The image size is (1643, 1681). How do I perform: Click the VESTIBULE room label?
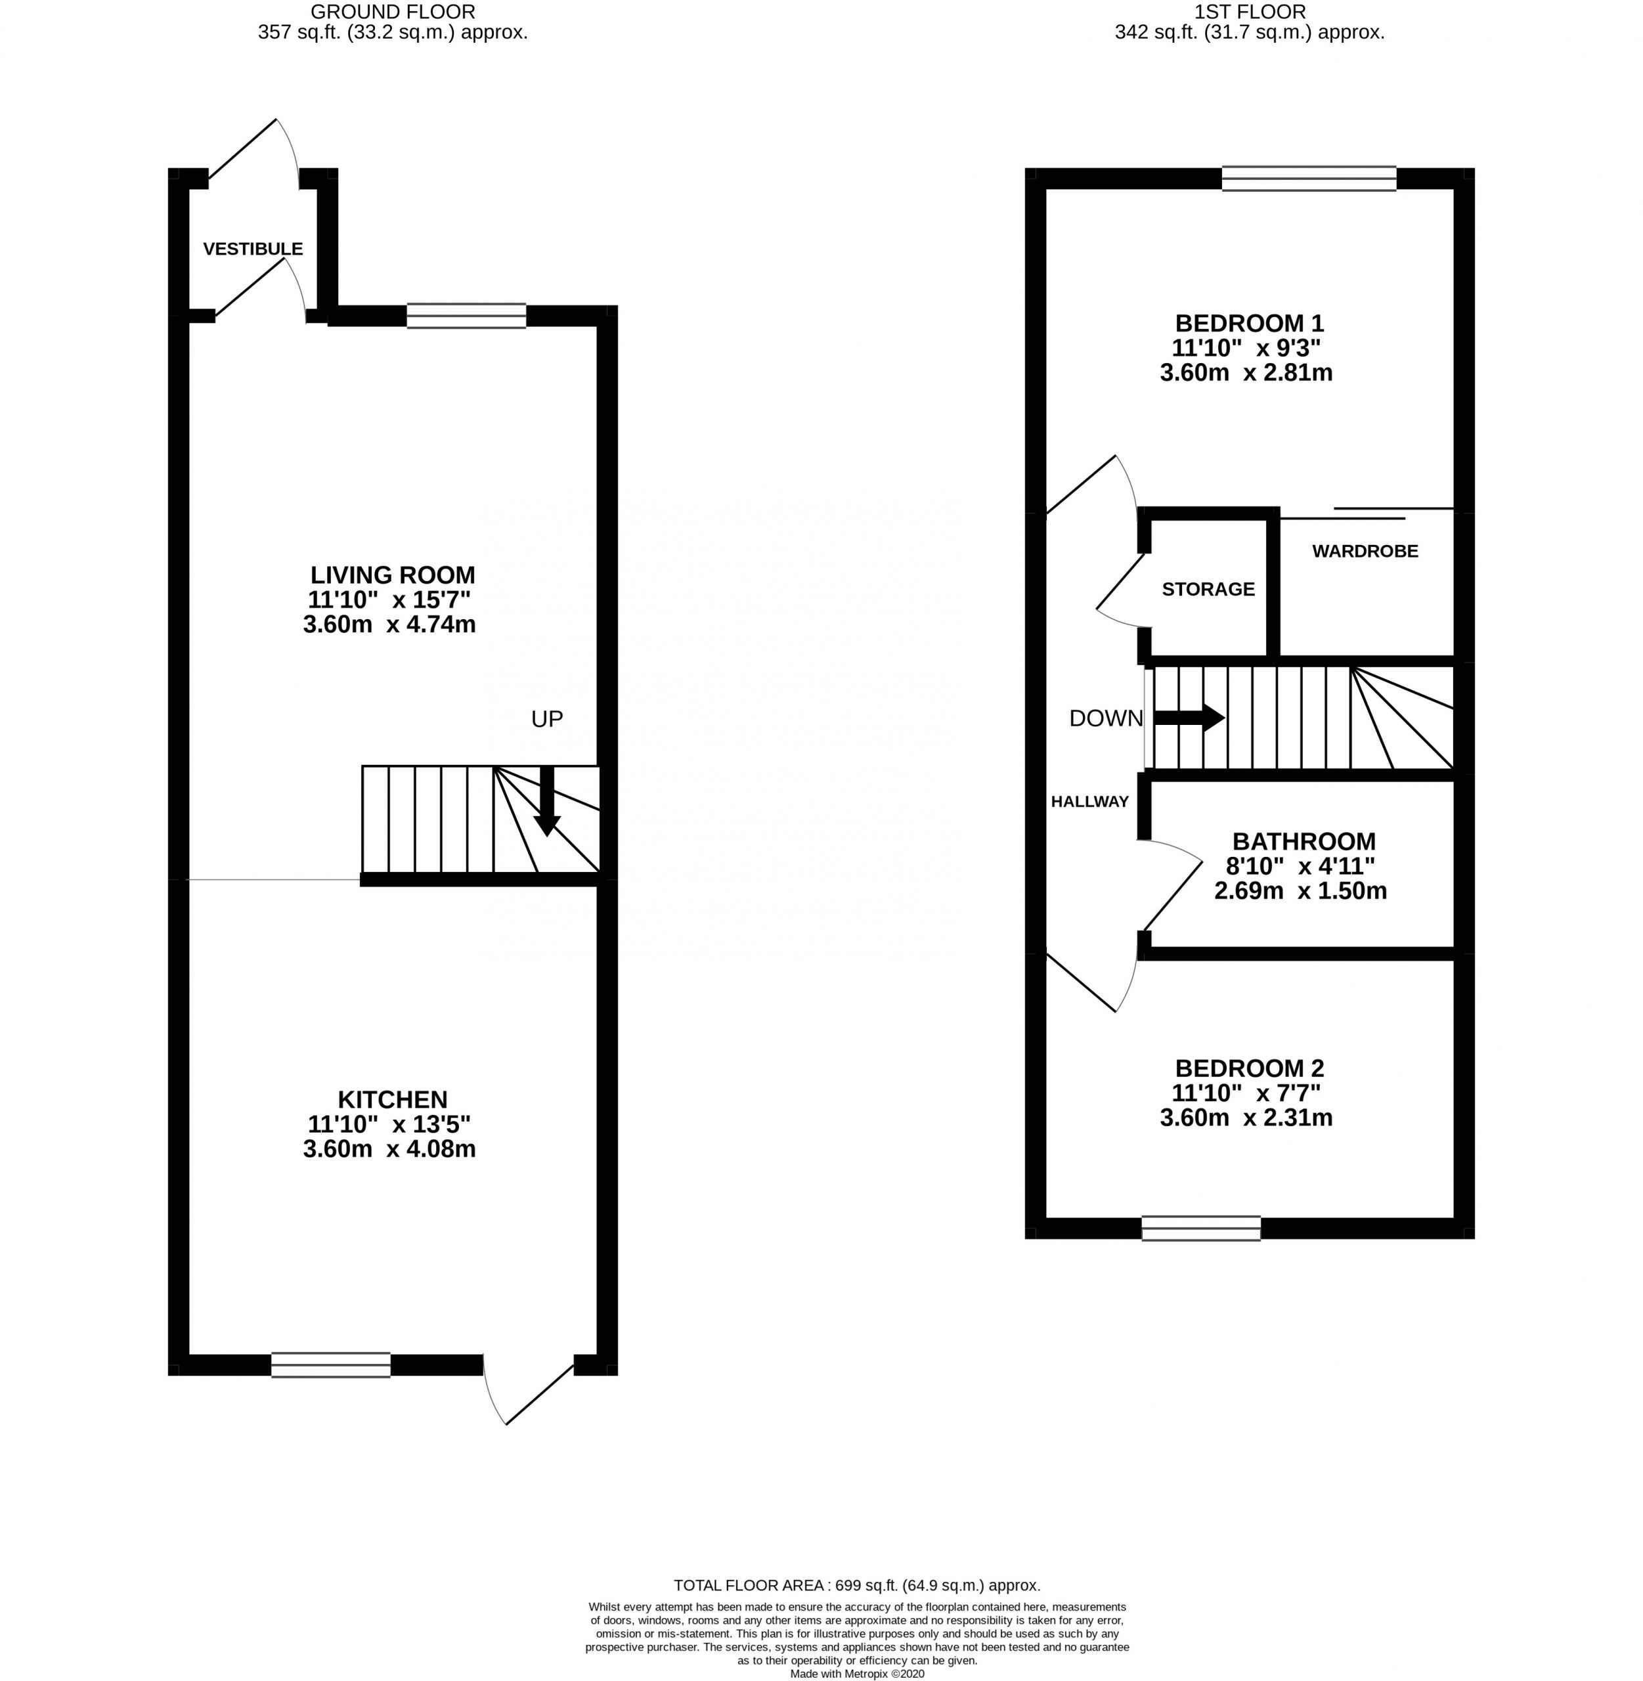tap(253, 248)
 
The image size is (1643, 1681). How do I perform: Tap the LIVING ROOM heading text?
tap(393, 575)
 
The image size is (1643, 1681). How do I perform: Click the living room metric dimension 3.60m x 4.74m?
tap(389, 624)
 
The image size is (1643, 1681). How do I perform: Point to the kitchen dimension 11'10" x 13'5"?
tap(389, 1124)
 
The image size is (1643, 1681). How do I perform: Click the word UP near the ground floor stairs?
tap(546, 719)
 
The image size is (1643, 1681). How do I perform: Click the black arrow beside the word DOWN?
tap(1189, 717)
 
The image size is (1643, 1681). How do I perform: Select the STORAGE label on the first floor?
tap(1208, 590)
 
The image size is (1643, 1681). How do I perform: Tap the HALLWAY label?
tap(1090, 802)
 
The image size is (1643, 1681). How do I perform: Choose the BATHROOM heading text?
tap(1304, 841)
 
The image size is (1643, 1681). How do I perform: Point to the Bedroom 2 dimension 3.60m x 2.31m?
tap(1246, 1118)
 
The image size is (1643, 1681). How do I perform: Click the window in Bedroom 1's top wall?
tap(1309, 179)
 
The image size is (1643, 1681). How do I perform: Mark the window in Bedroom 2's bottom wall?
tap(1201, 1228)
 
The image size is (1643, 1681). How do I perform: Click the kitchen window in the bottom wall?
tap(330, 1365)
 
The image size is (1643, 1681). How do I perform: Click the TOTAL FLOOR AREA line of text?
tap(857, 1585)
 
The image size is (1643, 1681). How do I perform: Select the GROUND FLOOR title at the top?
tap(393, 12)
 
